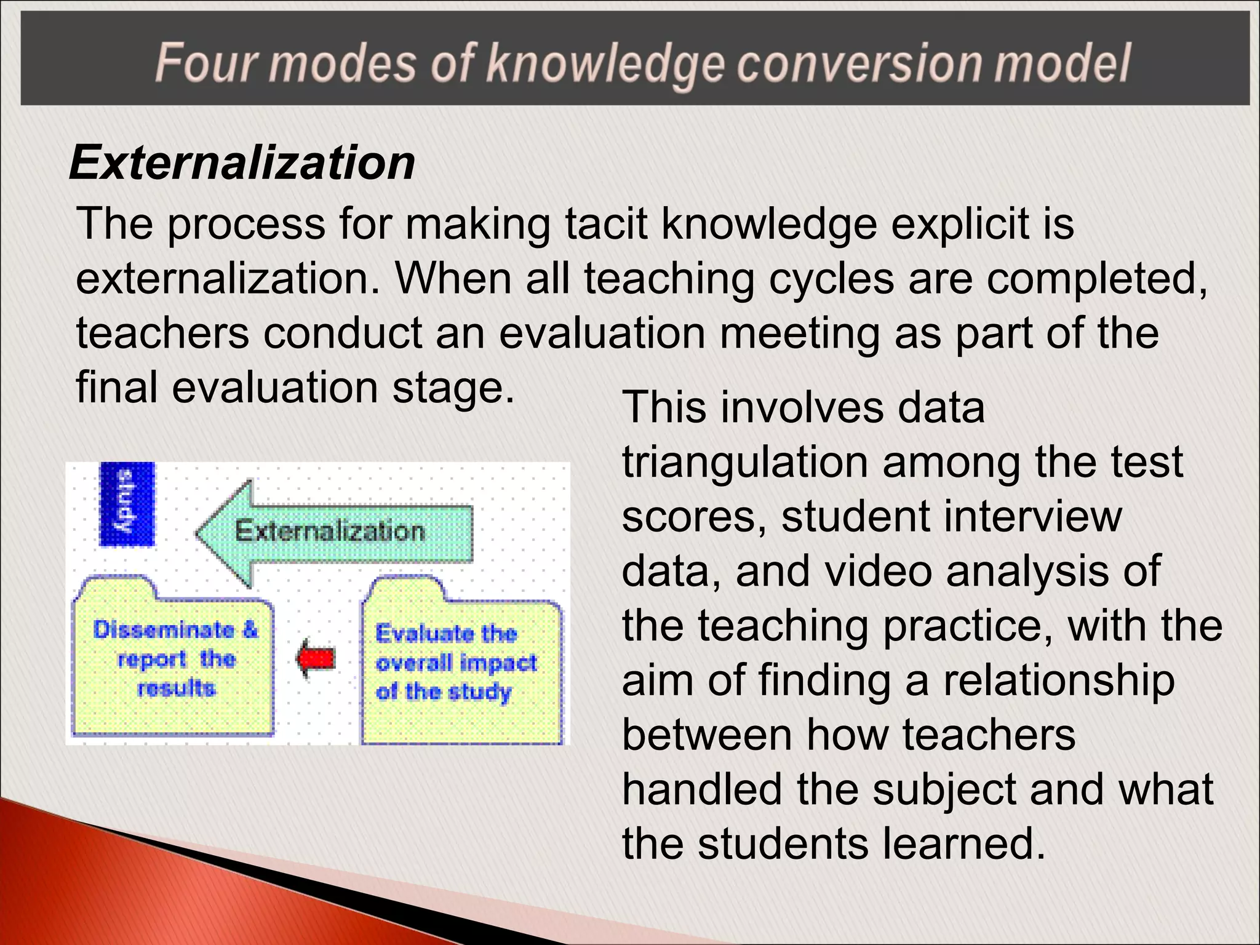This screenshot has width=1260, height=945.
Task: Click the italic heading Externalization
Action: click(242, 163)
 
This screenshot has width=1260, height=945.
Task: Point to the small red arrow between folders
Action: click(316, 659)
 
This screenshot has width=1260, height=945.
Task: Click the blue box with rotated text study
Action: click(127, 504)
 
